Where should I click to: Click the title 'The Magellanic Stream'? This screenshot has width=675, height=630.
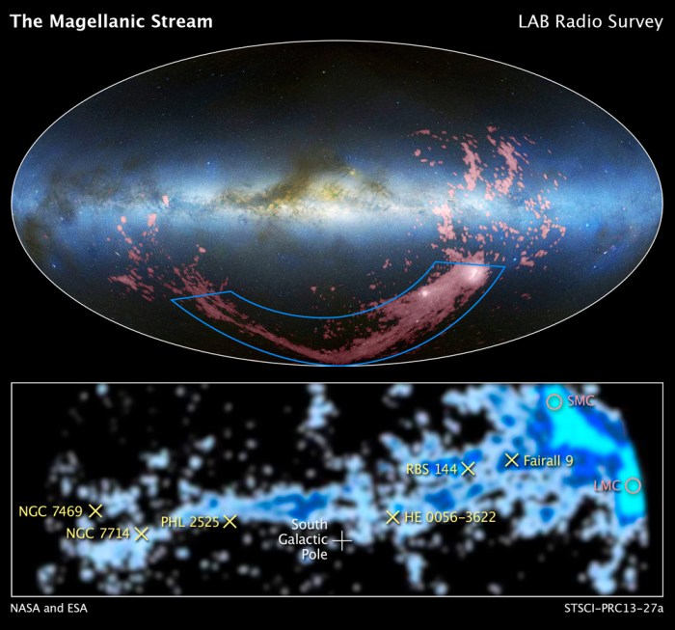click(x=111, y=20)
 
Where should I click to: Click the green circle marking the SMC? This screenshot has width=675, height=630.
click(x=553, y=401)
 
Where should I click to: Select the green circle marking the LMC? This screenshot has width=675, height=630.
click(x=633, y=485)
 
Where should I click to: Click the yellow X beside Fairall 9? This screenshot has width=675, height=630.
click(x=512, y=460)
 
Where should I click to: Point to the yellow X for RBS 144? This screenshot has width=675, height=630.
click(x=469, y=468)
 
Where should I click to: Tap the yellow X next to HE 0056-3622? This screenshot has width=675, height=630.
click(x=392, y=517)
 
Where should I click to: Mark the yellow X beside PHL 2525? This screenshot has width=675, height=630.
click(x=229, y=521)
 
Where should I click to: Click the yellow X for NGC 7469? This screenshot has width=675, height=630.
click(x=95, y=509)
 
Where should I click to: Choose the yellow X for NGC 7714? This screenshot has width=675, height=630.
click(x=142, y=533)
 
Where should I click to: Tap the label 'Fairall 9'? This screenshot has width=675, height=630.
click(x=549, y=461)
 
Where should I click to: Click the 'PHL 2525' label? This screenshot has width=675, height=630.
click(x=190, y=521)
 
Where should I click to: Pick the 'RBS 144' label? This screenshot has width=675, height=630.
click(x=431, y=469)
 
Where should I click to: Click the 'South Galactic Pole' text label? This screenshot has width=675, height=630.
click(x=302, y=539)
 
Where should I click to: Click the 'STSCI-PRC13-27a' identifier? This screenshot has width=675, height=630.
click(x=614, y=609)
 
